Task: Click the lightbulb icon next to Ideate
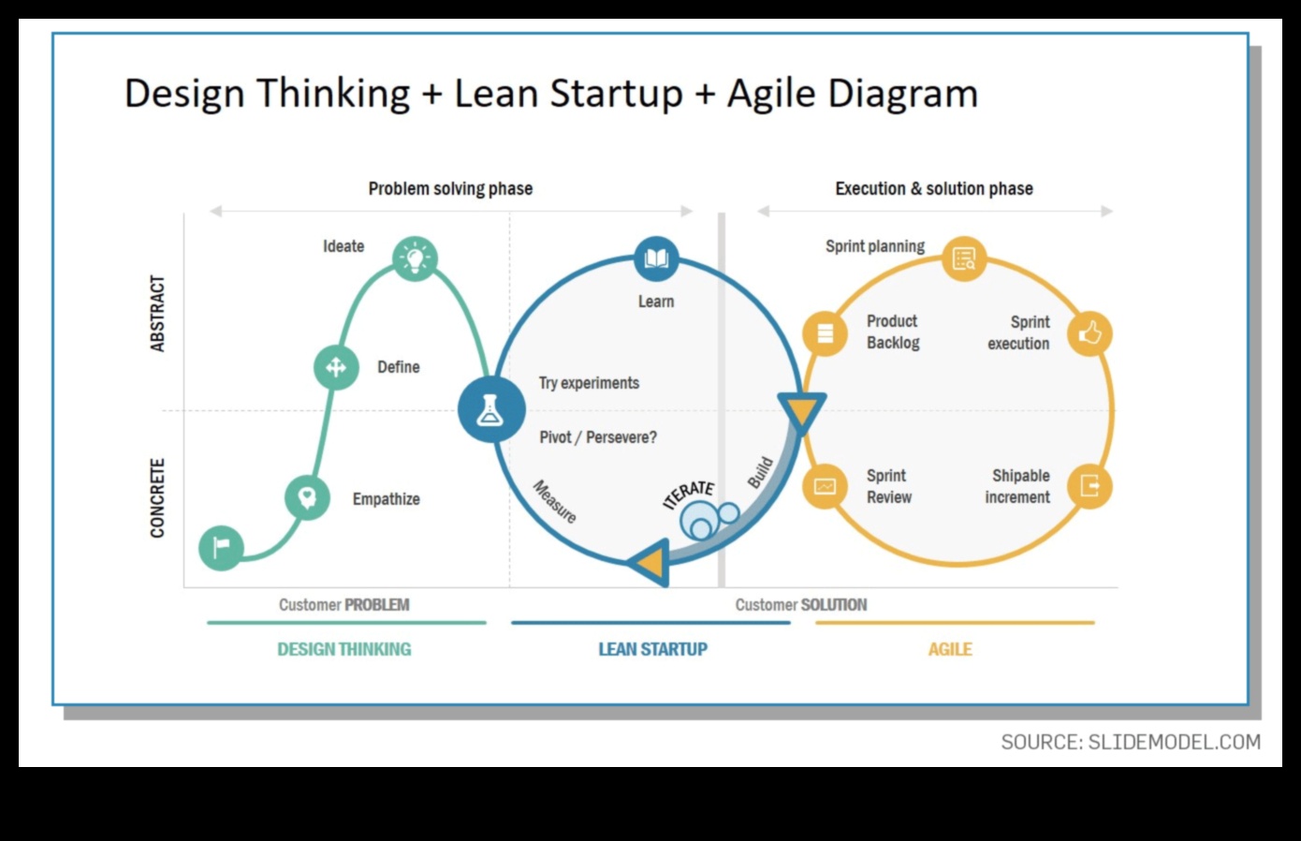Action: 416,258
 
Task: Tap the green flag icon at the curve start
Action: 222,547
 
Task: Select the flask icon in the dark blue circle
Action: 490,409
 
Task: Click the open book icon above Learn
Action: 656,258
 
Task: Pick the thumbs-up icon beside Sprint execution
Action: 1089,333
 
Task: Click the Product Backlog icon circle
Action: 825,333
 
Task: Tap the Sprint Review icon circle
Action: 825,486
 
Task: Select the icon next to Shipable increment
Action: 1089,486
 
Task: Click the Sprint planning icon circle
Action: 963,258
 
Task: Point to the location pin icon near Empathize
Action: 307,496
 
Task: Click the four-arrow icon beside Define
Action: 336,367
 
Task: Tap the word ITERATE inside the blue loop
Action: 689,494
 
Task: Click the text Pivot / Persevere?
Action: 598,437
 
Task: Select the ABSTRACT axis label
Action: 157,314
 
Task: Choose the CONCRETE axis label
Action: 157,498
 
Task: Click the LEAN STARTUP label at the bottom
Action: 652,649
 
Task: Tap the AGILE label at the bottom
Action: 949,649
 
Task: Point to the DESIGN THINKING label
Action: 344,649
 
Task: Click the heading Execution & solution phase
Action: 934,188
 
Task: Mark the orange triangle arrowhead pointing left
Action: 651,563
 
